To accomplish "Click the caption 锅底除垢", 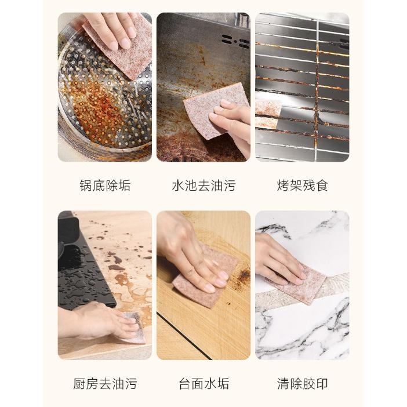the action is [105, 186].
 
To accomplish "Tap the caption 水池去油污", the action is [203, 186].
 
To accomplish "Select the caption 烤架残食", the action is [303, 186].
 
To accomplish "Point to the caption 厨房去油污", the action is [105, 384].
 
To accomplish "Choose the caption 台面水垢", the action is [203, 384].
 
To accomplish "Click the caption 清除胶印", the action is [303, 384].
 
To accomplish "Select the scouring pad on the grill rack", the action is [267, 114].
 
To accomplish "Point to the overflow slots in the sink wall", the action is [235, 41].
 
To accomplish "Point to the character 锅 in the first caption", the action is [86, 186].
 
